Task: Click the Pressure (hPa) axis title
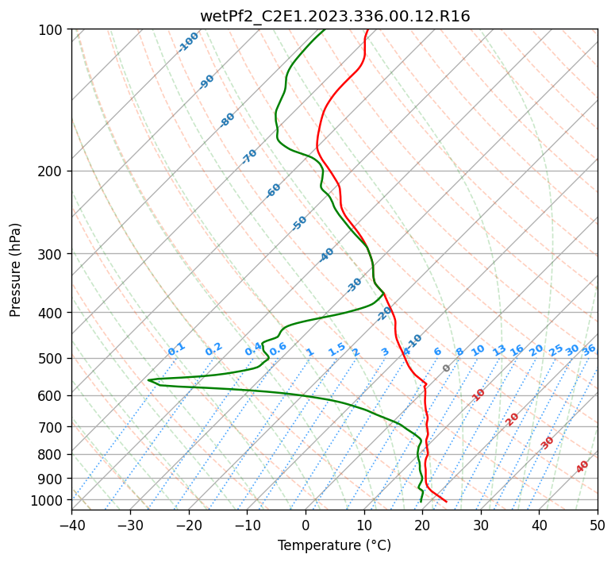(x=15, y=270)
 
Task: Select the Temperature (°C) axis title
(x=334, y=545)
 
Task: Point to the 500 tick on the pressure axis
(x=51, y=358)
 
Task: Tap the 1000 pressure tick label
(x=48, y=500)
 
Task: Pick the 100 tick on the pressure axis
(x=51, y=30)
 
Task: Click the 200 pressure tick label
(x=51, y=171)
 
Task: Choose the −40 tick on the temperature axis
(x=71, y=525)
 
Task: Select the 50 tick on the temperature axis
(x=598, y=525)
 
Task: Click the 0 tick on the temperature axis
(x=306, y=525)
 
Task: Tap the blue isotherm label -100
(x=188, y=42)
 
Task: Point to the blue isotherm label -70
(x=249, y=156)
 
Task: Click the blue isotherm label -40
(x=326, y=255)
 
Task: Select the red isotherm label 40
(x=582, y=467)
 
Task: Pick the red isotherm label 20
(x=513, y=418)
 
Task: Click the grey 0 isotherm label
(x=446, y=368)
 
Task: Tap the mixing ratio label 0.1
(x=176, y=348)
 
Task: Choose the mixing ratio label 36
(x=589, y=349)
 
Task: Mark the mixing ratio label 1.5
(x=336, y=348)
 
